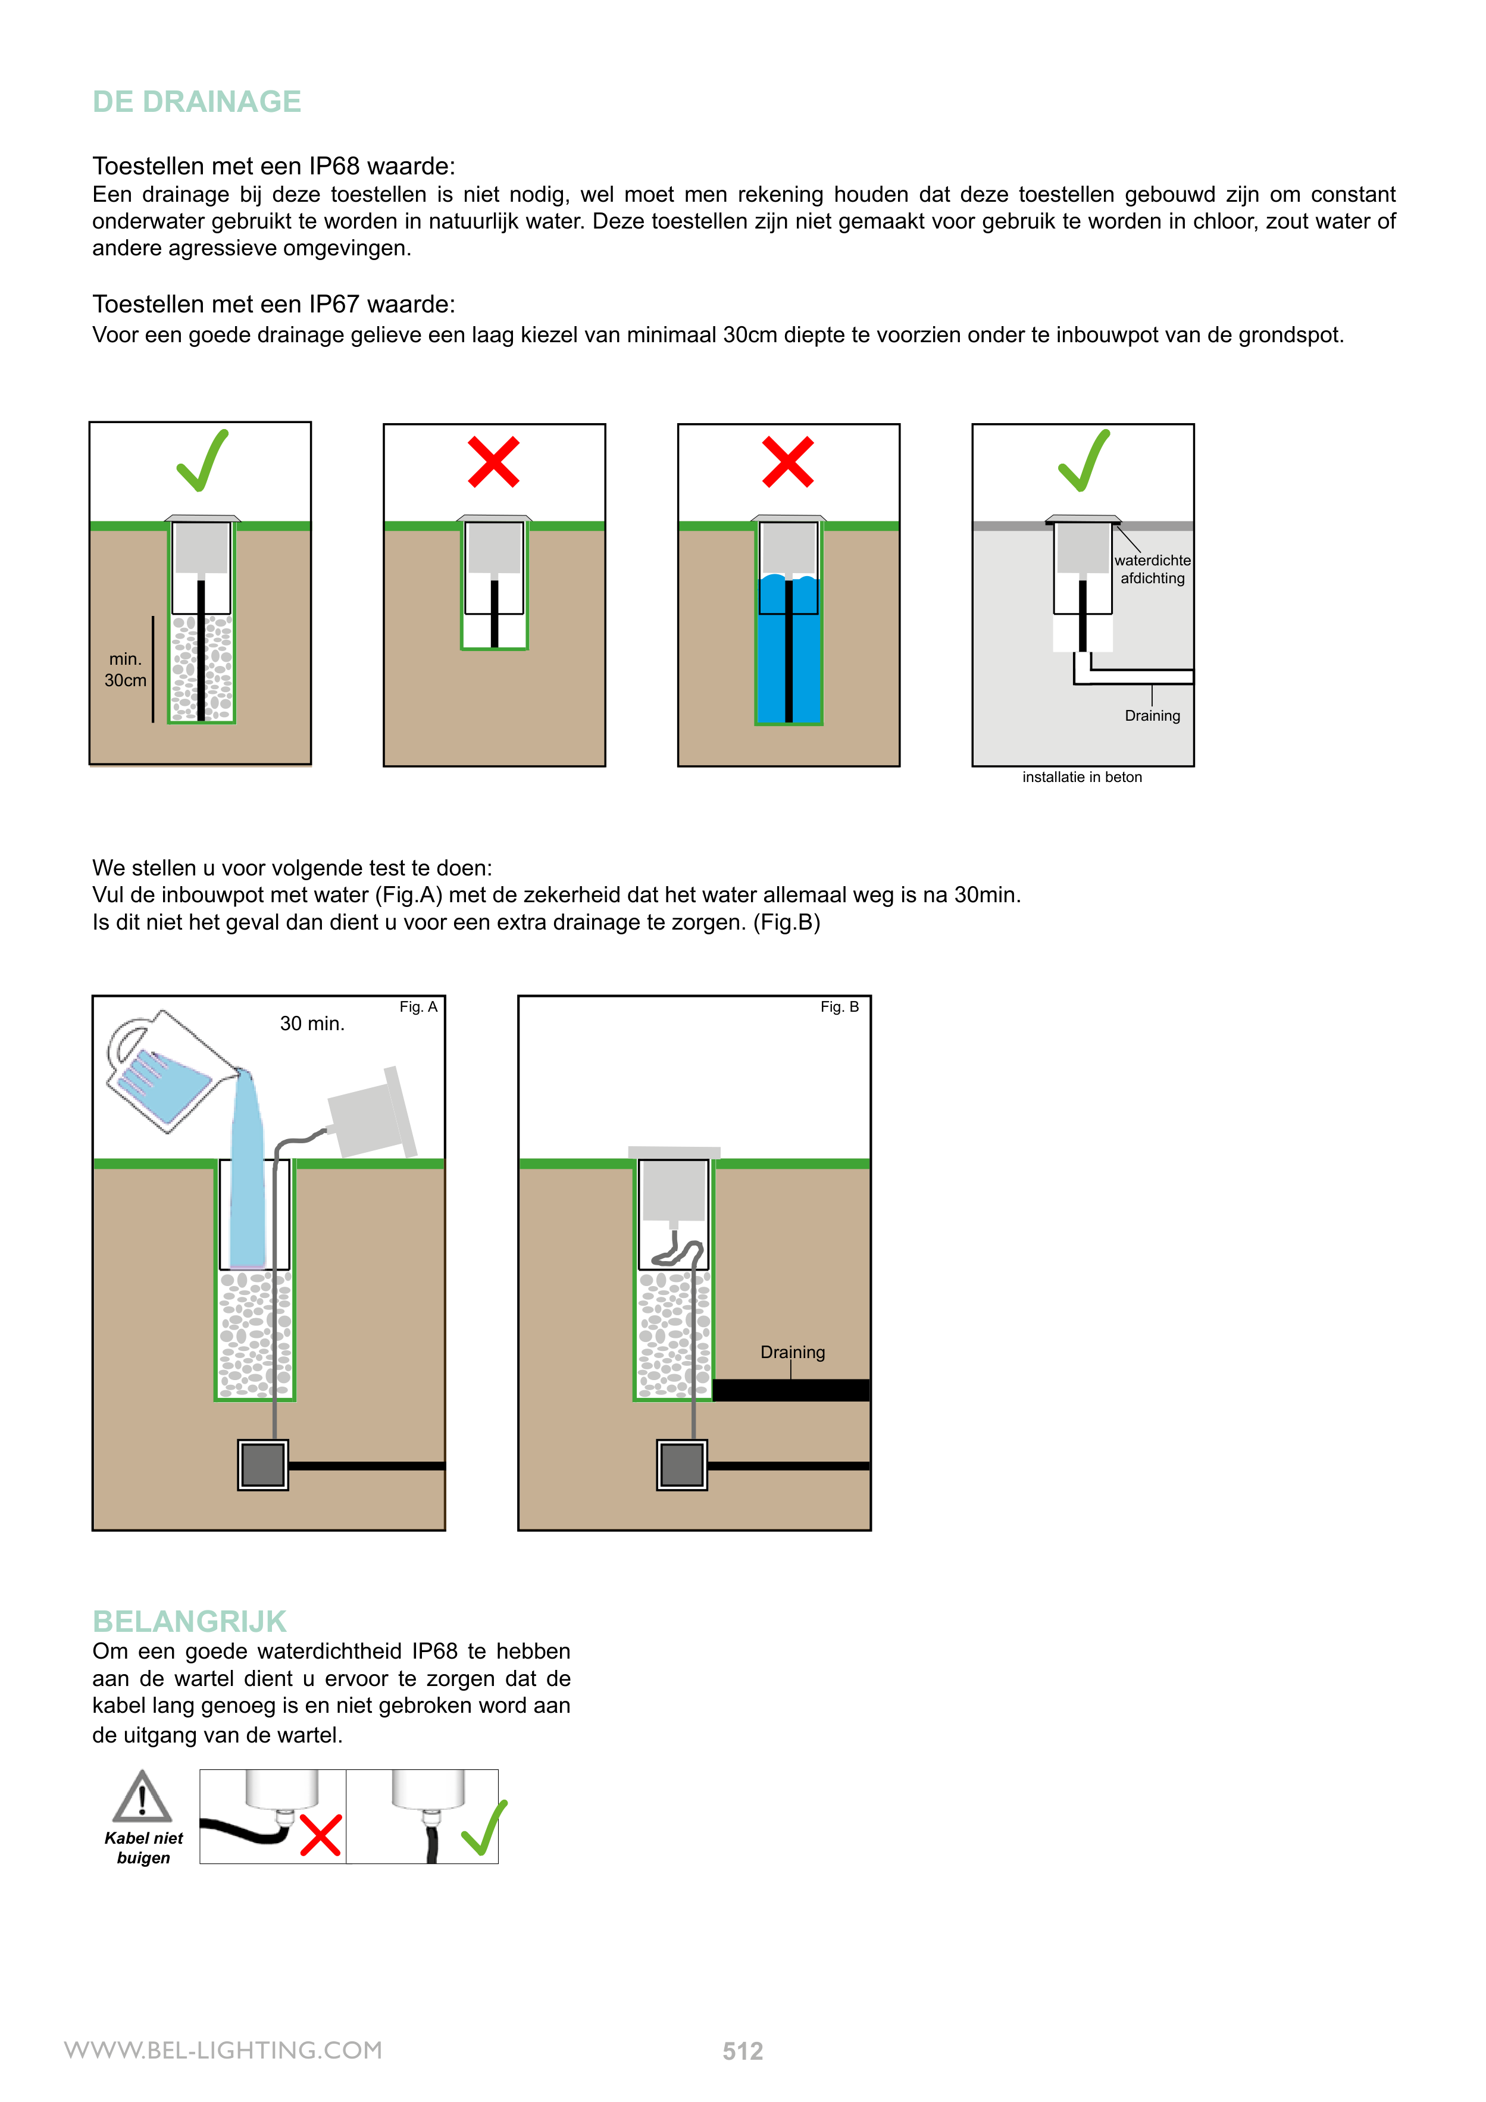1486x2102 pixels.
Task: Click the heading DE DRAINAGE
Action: click(197, 102)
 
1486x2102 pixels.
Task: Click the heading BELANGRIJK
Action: click(189, 1621)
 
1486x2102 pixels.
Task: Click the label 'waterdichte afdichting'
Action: click(1152, 570)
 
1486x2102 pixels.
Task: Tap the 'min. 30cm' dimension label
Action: click(126, 670)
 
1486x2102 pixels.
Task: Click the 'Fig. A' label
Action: click(418, 1007)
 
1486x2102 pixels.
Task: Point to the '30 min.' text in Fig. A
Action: click(312, 1024)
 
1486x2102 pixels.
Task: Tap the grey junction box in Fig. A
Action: click(263, 1465)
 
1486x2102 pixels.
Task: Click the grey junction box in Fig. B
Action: click(681, 1465)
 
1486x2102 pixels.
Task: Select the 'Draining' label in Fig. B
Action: click(792, 1352)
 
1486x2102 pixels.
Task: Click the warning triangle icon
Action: click(142, 1797)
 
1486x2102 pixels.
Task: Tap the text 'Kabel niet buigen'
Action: click(144, 1847)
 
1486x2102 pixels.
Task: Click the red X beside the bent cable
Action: click(320, 1835)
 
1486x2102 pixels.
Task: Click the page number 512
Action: click(743, 2051)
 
